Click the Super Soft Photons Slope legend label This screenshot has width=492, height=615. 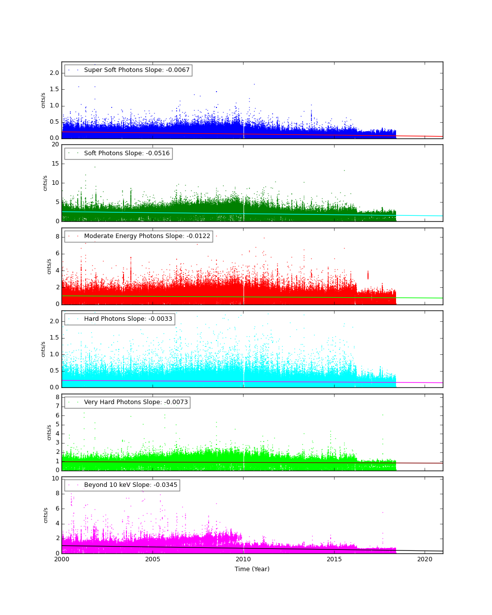coord(137,70)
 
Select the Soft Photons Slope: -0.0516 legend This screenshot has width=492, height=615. coord(127,153)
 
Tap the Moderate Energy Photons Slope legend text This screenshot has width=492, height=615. coord(147,236)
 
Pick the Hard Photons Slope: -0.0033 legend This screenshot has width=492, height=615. coord(128,319)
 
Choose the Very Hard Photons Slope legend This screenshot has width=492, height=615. coord(136,402)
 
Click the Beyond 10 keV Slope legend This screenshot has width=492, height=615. coord(130,485)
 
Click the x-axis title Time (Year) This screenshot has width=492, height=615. coord(252,569)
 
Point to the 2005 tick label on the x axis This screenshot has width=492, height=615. coord(153,559)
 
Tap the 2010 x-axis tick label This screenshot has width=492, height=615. coord(243,559)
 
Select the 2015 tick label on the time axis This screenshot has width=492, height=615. coord(334,559)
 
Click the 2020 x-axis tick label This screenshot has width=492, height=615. coord(425,559)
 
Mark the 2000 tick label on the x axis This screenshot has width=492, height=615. coord(61,559)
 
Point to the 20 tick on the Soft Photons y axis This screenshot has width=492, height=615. coord(55,144)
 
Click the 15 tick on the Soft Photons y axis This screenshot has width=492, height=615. coord(55,164)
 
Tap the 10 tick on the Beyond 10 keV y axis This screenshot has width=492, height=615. coord(55,478)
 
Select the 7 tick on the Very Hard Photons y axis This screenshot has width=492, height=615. coord(57,406)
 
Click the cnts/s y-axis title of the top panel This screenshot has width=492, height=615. coord(43,100)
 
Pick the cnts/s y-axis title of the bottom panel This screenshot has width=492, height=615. coord(46,515)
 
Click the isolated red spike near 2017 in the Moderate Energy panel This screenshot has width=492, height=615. coord(368,275)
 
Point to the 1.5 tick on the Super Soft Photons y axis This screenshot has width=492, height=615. coord(54,89)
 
